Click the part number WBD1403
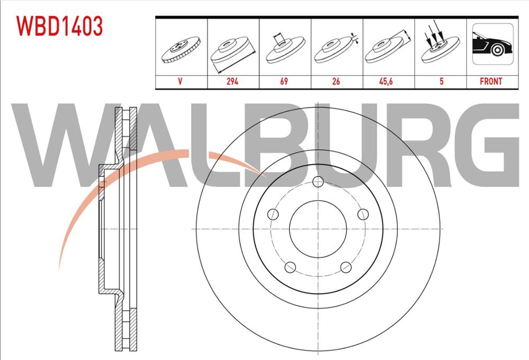(59, 26)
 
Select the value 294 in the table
(232, 82)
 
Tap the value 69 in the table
(284, 82)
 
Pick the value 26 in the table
(336, 82)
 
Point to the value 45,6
(386, 82)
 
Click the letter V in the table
(180, 82)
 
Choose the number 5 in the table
(441, 82)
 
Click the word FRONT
(491, 82)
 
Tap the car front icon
(492, 44)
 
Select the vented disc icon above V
(181, 50)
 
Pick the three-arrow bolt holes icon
(440, 42)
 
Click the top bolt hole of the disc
(318, 182)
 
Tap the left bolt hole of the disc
(273, 214)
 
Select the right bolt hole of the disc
(363, 214)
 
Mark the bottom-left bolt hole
(290, 267)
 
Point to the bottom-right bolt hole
(346, 267)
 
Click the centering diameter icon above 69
(285, 48)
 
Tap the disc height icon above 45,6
(388, 47)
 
